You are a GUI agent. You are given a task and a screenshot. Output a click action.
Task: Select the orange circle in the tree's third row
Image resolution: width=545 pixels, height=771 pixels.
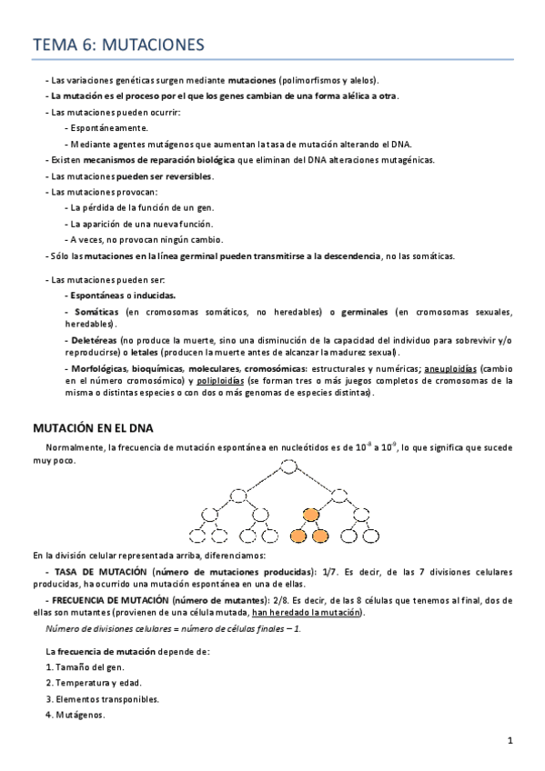310,516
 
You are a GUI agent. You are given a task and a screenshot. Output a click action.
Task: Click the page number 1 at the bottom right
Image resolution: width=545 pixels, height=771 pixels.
510,740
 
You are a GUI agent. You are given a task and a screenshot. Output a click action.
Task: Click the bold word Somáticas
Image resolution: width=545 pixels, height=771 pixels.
94,312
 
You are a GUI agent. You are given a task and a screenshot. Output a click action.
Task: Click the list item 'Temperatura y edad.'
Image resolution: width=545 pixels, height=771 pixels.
96,683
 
